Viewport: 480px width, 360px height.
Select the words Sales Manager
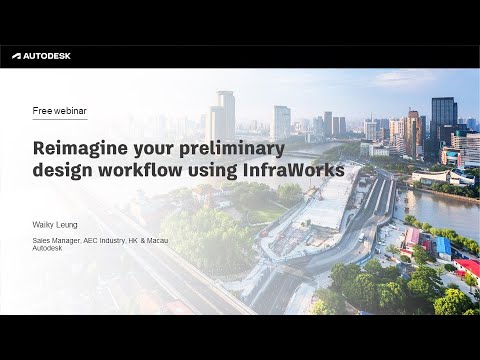click(x=56, y=242)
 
